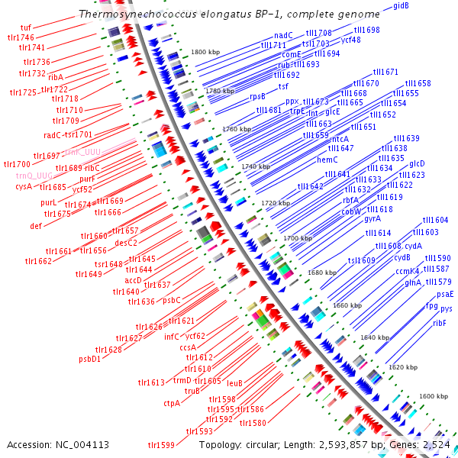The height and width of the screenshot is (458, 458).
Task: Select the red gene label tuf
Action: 27,27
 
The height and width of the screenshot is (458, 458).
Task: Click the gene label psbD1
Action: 90,359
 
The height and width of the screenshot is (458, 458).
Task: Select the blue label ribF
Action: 439,323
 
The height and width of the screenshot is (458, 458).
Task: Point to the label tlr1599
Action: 162,445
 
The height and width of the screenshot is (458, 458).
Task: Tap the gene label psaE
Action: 445,294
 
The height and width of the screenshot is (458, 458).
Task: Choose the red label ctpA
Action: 172,403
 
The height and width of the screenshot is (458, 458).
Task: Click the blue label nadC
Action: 283,35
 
